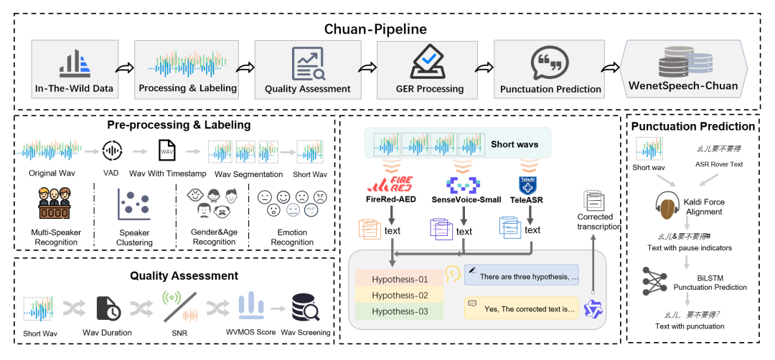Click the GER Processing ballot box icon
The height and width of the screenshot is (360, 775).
coord(431,62)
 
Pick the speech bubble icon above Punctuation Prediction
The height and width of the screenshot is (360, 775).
coord(550,63)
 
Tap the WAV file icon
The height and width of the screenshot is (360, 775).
coord(166,152)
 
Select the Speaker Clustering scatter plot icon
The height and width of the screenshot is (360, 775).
coord(133,204)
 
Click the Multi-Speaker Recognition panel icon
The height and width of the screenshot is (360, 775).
coord(55,204)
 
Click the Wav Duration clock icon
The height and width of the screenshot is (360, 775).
coord(108,308)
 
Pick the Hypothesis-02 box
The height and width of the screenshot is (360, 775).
coord(400,295)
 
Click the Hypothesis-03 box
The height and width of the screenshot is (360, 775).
coord(400,311)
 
